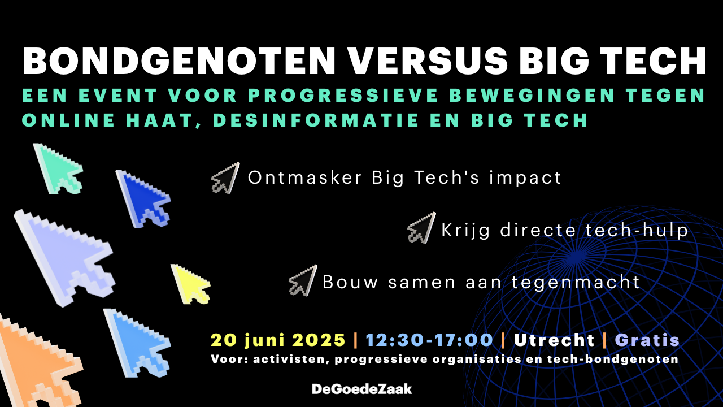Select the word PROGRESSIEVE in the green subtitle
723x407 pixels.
[x=343, y=95]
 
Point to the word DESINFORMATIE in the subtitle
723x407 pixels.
[x=316, y=120]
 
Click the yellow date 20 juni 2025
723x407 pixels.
[x=278, y=340]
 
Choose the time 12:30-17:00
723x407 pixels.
[x=429, y=340]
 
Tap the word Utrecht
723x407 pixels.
[x=554, y=340]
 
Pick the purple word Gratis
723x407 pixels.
[x=647, y=340]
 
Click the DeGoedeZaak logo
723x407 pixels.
[x=362, y=389]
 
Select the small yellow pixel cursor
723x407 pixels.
[x=190, y=284]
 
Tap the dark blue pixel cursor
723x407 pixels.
[x=142, y=199]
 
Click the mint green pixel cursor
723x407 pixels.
[x=58, y=169]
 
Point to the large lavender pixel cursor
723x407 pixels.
[x=64, y=258]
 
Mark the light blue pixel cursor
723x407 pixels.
[x=137, y=343]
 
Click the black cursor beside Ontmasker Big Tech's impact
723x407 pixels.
[x=225, y=178]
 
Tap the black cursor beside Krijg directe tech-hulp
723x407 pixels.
[x=421, y=228]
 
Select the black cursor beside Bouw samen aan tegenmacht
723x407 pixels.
[x=303, y=280]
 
